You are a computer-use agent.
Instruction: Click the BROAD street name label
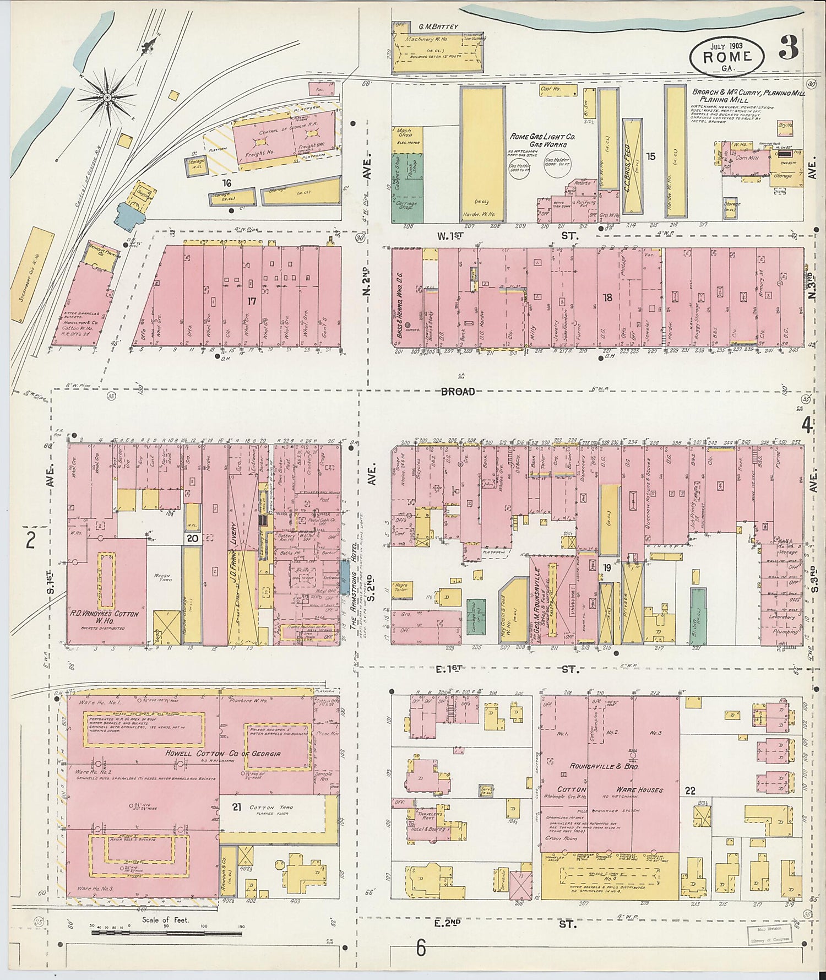pos(458,391)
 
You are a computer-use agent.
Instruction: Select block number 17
pos(252,301)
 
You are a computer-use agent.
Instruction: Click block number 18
pos(607,297)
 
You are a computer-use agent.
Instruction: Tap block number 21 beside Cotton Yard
pos(237,808)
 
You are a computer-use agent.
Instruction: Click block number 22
pos(689,791)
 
